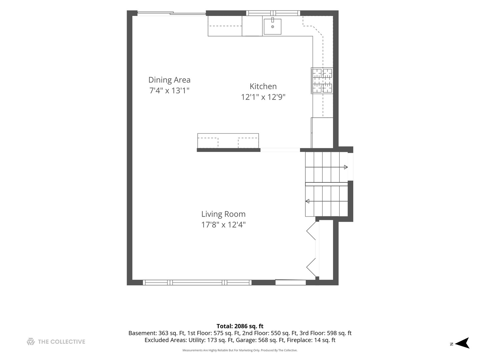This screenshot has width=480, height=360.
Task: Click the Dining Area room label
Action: [x=169, y=80]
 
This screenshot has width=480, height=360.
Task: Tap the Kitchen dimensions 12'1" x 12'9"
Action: [x=263, y=97]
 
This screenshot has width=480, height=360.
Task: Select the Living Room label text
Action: [x=223, y=214]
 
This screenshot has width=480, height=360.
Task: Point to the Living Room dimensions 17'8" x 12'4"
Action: [x=223, y=225]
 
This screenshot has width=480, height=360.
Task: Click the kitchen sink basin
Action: [x=272, y=27]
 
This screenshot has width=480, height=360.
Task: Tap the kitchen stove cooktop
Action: [x=322, y=81]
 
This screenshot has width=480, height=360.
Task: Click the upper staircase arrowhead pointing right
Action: [x=346, y=167]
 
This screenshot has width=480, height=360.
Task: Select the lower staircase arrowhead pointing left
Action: [x=307, y=201]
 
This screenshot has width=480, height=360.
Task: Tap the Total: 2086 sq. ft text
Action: [x=240, y=326]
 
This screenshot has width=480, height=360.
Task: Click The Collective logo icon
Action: [x=31, y=342]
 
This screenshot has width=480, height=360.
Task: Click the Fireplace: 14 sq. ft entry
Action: [x=311, y=340]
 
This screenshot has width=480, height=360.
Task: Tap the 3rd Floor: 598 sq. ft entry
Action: [x=325, y=333]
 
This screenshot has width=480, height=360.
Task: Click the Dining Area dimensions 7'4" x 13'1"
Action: [x=169, y=90]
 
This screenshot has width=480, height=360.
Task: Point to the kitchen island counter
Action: [x=228, y=141]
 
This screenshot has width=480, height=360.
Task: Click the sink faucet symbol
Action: [x=272, y=20]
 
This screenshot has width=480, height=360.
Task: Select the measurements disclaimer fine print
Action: [x=240, y=350]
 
